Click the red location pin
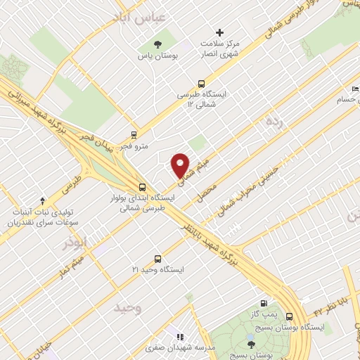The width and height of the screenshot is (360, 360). (181, 165)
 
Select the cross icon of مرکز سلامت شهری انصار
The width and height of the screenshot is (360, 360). (220, 32)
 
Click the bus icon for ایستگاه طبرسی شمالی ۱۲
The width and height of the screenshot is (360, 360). (202, 82)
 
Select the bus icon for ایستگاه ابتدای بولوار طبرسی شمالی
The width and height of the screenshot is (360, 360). (143, 186)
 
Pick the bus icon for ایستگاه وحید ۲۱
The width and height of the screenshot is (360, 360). (158, 258)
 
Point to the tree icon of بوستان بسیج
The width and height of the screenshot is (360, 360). (251, 343)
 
